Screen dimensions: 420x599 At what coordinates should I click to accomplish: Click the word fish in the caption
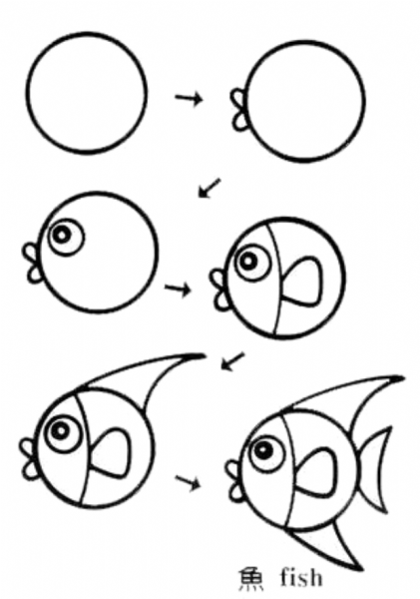301,577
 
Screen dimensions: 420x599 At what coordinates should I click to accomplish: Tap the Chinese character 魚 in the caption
250,579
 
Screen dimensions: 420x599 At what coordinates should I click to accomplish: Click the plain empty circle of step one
27,92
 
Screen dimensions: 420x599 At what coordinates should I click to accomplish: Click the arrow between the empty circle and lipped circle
189,98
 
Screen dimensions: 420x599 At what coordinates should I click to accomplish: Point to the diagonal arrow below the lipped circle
210,188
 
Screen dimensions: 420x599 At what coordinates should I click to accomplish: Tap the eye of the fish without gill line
66,237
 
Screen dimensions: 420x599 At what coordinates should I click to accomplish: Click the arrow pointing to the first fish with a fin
178,289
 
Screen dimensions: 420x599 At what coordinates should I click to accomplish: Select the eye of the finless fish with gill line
252,262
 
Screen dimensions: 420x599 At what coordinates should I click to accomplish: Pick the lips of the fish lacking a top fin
218,290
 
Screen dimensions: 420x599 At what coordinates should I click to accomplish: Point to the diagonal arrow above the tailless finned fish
232,361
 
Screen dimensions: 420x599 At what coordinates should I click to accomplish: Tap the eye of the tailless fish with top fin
62,432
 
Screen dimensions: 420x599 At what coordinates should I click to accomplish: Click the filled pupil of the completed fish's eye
264,451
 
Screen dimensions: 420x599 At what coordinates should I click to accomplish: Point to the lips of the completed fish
233,480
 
